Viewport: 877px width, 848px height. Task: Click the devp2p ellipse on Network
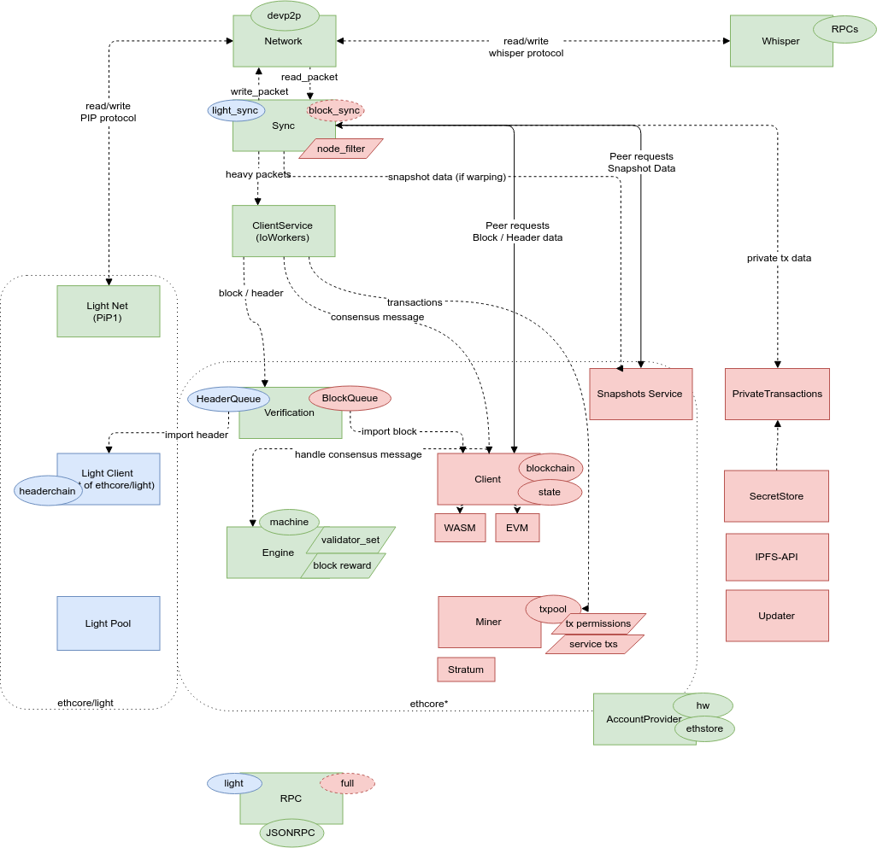(285, 15)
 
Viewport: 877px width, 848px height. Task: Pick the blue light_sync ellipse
(235, 110)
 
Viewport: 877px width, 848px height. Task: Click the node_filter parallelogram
(341, 149)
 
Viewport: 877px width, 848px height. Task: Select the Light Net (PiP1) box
(109, 311)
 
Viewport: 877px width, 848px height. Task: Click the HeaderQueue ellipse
(228, 398)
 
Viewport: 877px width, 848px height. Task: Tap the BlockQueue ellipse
(350, 397)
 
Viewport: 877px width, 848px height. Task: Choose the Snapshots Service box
(640, 394)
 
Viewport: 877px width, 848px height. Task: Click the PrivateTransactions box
(777, 394)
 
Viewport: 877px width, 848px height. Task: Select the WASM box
(460, 528)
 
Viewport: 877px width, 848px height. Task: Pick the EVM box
(517, 528)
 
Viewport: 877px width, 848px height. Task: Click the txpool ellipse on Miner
(553, 608)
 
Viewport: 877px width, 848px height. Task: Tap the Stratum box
(466, 670)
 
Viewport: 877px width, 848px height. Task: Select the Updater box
(777, 616)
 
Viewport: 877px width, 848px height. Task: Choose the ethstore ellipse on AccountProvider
(705, 729)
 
